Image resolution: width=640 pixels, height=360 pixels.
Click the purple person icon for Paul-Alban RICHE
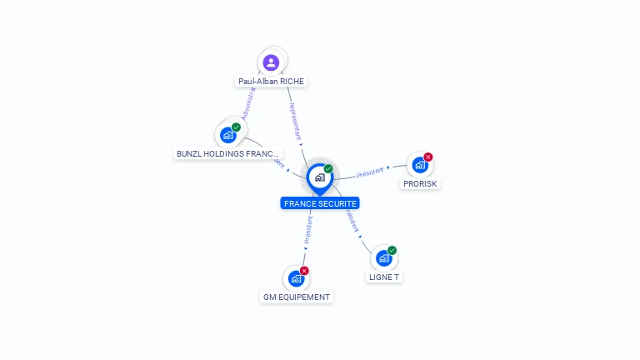(x=271, y=62)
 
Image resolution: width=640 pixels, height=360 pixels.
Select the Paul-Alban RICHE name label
(x=272, y=82)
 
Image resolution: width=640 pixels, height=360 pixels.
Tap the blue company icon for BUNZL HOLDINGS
(x=227, y=135)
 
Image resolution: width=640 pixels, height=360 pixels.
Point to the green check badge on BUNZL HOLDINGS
(x=237, y=127)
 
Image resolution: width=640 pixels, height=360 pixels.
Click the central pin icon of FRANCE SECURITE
(x=319, y=177)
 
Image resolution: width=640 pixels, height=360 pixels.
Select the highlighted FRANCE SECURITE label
(x=320, y=203)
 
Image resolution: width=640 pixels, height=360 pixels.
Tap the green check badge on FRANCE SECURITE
(x=328, y=169)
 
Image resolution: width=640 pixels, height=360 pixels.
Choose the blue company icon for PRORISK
(x=419, y=165)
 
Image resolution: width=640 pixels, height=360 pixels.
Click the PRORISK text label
(x=420, y=183)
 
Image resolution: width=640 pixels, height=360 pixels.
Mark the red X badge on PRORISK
(x=428, y=157)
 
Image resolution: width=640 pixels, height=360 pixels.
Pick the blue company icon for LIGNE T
(x=383, y=258)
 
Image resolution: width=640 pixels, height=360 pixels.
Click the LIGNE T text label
(x=384, y=277)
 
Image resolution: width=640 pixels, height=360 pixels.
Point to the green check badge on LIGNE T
(x=392, y=251)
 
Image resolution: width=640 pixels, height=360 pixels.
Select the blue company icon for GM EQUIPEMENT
(x=296, y=278)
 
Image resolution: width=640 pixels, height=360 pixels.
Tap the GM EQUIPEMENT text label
(x=297, y=297)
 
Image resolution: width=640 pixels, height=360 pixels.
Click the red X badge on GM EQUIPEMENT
(x=305, y=271)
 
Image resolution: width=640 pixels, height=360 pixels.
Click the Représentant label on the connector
(x=295, y=121)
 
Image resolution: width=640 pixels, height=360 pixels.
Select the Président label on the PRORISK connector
(x=370, y=172)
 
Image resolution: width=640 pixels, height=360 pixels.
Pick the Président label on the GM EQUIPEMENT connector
(x=308, y=230)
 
